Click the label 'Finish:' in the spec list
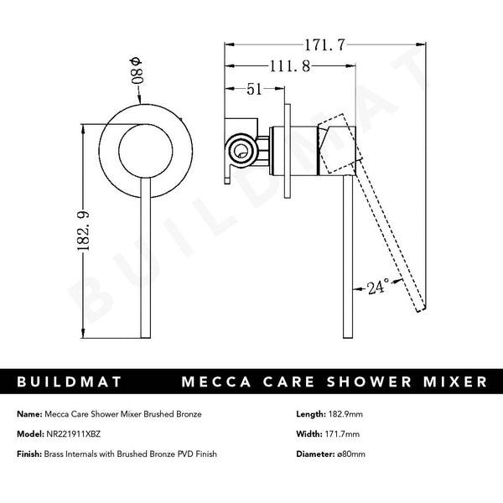coord(30,454)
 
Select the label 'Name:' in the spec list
coord(29,415)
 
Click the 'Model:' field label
coord(30,435)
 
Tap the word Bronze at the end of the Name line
coord(186,415)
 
